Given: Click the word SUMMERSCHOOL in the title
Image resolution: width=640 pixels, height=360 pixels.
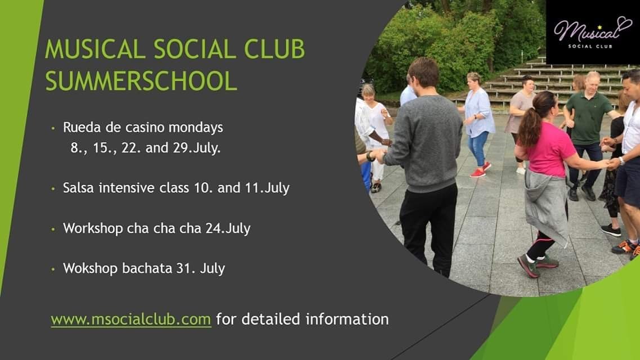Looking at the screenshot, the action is point(141,80).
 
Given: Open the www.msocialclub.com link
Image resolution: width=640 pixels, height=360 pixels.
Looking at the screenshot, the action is point(131,319).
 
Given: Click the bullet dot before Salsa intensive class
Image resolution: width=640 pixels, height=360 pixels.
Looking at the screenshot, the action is point(53,189).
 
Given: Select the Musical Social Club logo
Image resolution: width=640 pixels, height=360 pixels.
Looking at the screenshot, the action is point(593,32).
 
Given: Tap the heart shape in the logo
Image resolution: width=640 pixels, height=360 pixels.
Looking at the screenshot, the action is point(624,24).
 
